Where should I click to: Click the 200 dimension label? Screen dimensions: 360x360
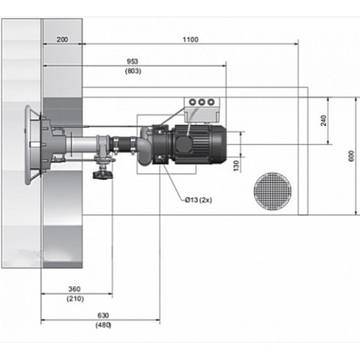(x=62, y=40)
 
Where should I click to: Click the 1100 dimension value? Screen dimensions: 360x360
(x=190, y=40)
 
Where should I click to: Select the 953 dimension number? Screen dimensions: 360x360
(x=133, y=61)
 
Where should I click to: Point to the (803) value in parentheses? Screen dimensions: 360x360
(x=133, y=71)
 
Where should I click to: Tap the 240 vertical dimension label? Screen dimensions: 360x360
(x=324, y=121)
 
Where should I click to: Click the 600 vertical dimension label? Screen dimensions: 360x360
(x=351, y=156)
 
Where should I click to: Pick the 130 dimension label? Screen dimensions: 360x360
(x=236, y=166)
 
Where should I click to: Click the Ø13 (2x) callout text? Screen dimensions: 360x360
(x=199, y=200)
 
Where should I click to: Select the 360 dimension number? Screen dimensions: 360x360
(x=74, y=289)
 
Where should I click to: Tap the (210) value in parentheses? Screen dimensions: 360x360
(x=75, y=298)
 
